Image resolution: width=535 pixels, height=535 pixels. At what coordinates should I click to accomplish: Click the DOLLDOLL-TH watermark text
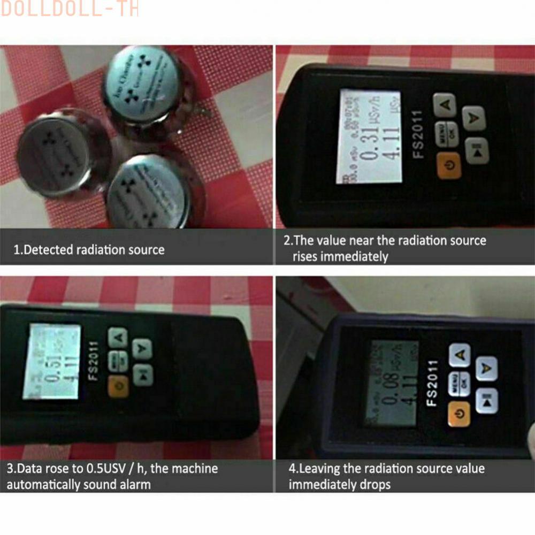coord(70,9)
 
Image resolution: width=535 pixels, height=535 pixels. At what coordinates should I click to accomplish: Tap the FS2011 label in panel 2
coord(418,134)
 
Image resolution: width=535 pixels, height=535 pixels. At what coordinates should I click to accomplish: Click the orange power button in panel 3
coord(118,385)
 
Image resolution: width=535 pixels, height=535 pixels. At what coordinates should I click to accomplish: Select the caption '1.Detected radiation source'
coord(89,250)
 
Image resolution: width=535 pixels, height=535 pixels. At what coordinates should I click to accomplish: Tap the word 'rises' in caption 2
coord(305,256)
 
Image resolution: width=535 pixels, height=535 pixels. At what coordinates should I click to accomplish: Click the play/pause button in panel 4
coord(486,400)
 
